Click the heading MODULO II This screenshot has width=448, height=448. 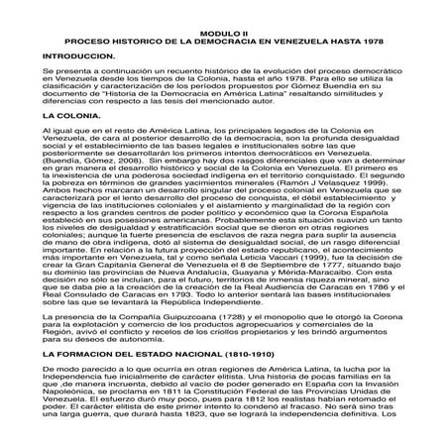[224, 59]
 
